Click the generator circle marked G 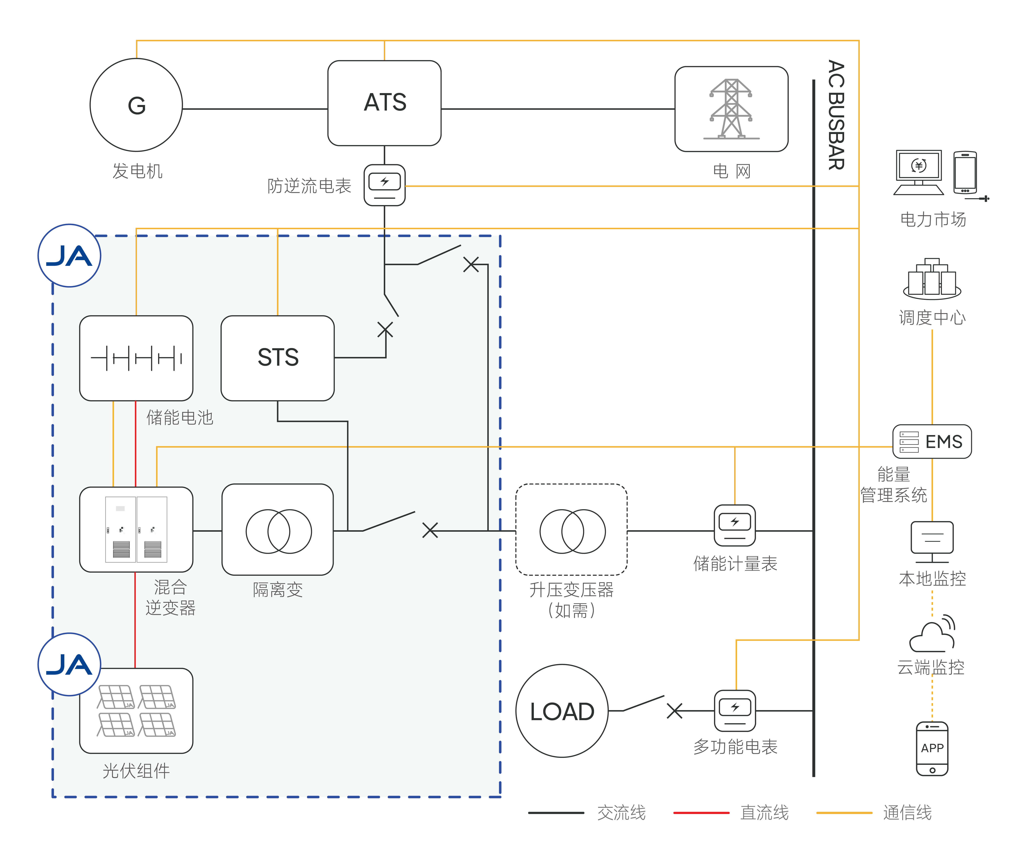pyautogui.click(x=136, y=105)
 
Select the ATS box pyautogui.click(x=385, y=103)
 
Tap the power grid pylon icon pyautogui.click(x=731, y=109)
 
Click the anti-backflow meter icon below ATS pyautogui.click(x=385, y=185)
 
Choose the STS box pyautogui.click(x=278, y=358)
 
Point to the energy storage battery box pyautogui.click(x=136, y=358)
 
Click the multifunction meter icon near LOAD pyautogui.click(x=735, y=710)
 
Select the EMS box pyautogui.click(x=932, y=441)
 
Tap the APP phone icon pyautogui.click(x=932, y=748)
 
